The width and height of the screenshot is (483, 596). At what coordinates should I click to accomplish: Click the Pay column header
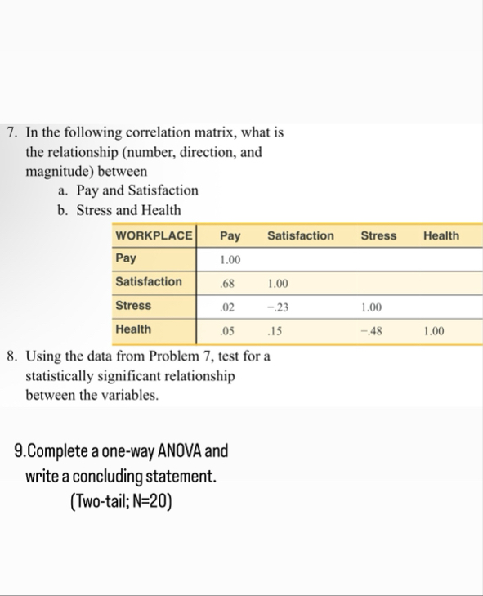pos(230,235)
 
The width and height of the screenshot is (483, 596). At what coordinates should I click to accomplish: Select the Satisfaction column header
pos(300,235)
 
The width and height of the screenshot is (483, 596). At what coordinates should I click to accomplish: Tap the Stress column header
pos(378,235)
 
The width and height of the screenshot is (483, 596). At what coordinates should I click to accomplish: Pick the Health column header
pos(441,235)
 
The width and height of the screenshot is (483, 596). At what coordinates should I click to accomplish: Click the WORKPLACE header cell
pos(154,235)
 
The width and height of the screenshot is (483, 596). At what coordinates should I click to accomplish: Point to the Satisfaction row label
pos(148,281)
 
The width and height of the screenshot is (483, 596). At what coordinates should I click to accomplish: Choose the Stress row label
pos(132,305)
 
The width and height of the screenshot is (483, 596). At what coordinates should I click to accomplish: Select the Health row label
pos(133,329)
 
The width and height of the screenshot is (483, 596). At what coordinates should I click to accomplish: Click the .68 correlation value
pos(229,283)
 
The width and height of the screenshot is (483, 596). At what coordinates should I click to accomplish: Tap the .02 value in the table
pos(229,307)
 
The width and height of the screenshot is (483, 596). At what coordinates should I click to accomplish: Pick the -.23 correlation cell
pos(276,307)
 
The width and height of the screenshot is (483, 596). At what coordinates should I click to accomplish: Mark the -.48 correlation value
pos(371,330)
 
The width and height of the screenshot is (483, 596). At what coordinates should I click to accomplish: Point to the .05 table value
pos(229,330)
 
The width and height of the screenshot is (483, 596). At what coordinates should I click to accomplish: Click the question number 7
pos(11,132)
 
